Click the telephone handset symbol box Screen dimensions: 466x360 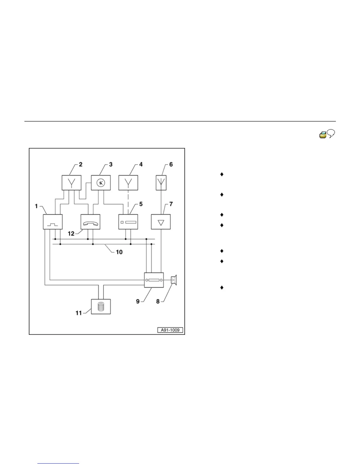90,222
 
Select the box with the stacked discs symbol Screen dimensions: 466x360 101,307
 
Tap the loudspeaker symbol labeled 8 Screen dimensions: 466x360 174,280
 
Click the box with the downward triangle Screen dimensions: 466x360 161,222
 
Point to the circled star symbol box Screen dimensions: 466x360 101,183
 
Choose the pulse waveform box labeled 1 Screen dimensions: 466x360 53,222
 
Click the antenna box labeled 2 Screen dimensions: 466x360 71,183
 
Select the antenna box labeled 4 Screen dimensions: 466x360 128,183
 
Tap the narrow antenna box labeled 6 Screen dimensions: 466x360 161,183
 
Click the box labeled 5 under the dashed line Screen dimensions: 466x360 128,222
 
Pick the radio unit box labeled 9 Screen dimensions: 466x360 154,280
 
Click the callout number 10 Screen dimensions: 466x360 119,252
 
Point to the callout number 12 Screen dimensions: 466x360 71,234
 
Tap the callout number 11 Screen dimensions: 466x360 79,313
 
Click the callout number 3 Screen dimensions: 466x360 111,164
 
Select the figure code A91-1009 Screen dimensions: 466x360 170,330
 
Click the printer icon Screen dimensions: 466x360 323,135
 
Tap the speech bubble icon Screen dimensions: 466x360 331,134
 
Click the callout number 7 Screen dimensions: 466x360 171,204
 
